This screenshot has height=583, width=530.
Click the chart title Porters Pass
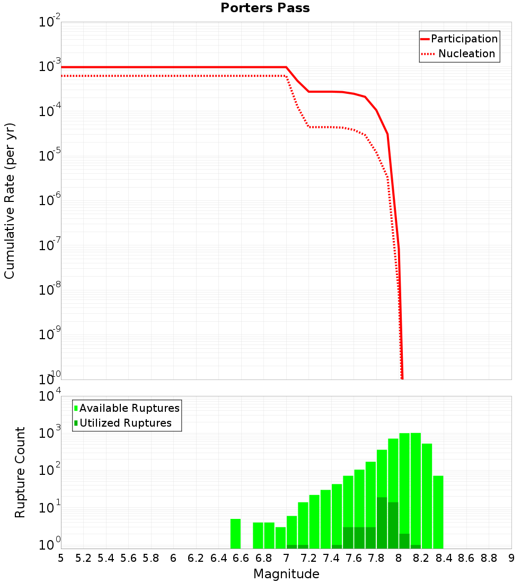point(265,8)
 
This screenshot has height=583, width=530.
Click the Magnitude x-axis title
point(286,574)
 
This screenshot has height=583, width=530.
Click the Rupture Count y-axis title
point(20,472)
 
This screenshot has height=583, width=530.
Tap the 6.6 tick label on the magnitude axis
point(241,558)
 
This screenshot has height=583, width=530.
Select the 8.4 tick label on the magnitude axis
point(444,558)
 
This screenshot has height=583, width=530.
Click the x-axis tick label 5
point(60,558)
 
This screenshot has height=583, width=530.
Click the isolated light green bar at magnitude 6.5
point(235,534)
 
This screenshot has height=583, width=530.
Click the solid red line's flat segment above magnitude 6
point(173,67)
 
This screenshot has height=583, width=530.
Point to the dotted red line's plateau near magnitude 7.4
point(331,127)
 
